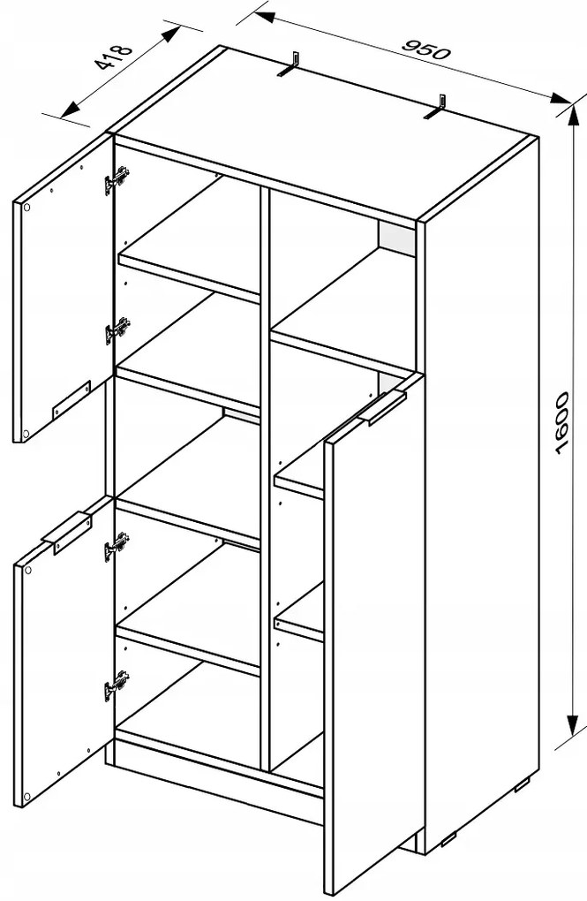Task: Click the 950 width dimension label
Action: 425,49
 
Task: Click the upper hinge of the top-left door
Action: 117,180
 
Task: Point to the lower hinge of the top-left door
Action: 117,330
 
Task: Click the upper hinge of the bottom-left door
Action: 117,546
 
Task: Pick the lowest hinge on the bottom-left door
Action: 117,685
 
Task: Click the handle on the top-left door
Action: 71,398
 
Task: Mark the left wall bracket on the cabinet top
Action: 290,64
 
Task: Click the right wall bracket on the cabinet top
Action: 436,108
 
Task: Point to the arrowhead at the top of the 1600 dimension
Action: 572,114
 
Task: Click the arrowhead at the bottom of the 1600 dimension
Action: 572,725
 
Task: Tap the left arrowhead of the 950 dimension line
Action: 264,16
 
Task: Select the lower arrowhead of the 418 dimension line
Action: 70,110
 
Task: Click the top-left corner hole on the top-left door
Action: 26,208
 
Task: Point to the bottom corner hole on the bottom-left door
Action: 26,796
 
